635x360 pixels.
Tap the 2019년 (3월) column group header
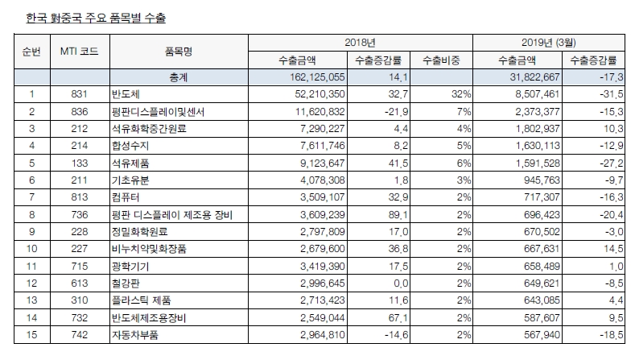551,41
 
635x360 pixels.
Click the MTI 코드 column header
79,51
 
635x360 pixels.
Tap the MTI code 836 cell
79,112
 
